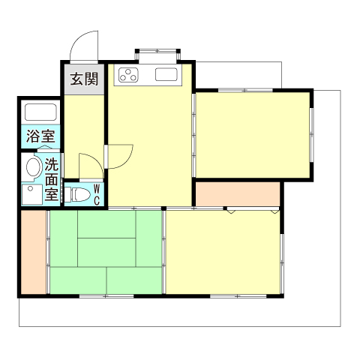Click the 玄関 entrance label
click(82, 79)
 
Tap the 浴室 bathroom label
click(40, 136)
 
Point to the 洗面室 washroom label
click(52, 179)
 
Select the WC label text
click(97, 195)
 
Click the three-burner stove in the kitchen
click(128, 75)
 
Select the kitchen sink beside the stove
click(166, 75)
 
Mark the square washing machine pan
click(32, 195)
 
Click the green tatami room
click(106, 253)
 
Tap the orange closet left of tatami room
click(34, 253)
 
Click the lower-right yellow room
click(223, 253)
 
